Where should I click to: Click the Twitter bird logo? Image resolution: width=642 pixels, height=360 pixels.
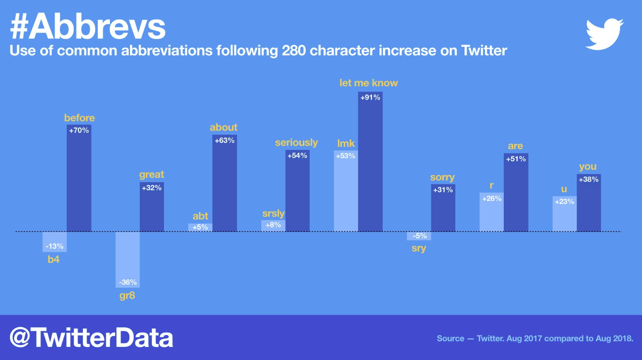(604, 34)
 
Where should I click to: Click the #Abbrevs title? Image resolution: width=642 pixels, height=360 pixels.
(88, 27)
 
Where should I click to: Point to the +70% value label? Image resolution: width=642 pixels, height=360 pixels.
(79, 130)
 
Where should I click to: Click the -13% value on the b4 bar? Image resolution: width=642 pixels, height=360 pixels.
(55, 246)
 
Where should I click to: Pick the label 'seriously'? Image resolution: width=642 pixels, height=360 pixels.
(296, 143)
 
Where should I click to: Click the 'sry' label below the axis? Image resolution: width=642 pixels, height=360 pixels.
(419, 248)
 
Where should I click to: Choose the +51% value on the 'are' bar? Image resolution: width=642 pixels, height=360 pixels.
(516, 159)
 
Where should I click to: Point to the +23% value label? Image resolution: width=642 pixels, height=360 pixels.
(564, 202)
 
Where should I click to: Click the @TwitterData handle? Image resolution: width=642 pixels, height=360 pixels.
(91, 338)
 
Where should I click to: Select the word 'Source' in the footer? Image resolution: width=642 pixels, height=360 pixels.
(451, 339)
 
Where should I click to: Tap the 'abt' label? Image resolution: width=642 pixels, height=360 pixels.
(200, 216)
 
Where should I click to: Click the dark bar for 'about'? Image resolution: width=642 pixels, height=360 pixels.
(225, 187)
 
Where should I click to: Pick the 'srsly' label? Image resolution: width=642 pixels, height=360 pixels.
(273, 214)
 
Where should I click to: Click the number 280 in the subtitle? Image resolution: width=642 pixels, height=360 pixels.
(294, 51)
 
